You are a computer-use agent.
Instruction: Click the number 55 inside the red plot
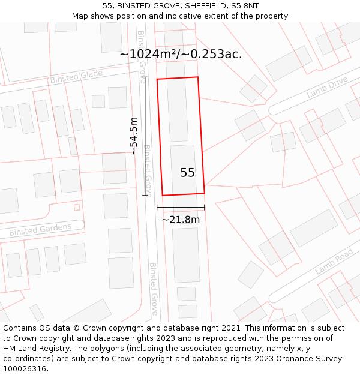187,173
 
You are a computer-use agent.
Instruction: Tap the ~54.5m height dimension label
134,136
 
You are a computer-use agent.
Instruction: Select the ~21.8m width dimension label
181,220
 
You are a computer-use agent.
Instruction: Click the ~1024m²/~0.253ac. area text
181,54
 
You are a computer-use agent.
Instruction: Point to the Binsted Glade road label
76,77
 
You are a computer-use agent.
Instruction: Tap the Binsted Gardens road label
40,229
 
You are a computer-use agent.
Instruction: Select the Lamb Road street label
334,262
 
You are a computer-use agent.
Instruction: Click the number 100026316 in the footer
25,369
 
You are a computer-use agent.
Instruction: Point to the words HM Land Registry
31,349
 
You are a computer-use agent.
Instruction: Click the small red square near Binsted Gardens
76,208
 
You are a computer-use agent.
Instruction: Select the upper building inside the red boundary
178,109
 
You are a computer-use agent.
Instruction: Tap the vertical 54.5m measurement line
145,136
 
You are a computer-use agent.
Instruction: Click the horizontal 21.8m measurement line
181,208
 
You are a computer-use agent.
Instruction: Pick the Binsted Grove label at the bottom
154,288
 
